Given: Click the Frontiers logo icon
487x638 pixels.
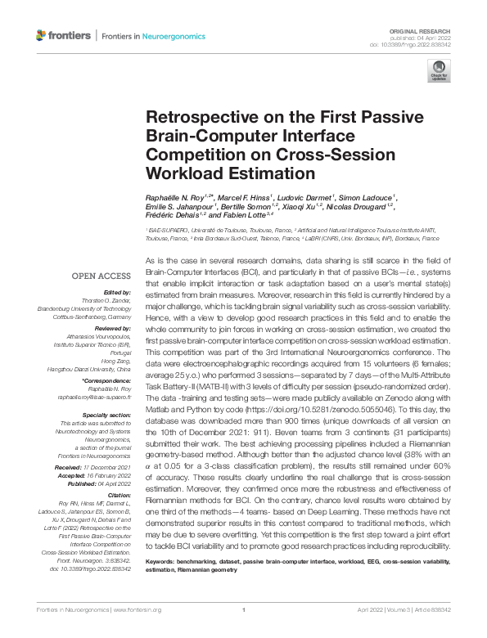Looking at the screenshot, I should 42,35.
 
